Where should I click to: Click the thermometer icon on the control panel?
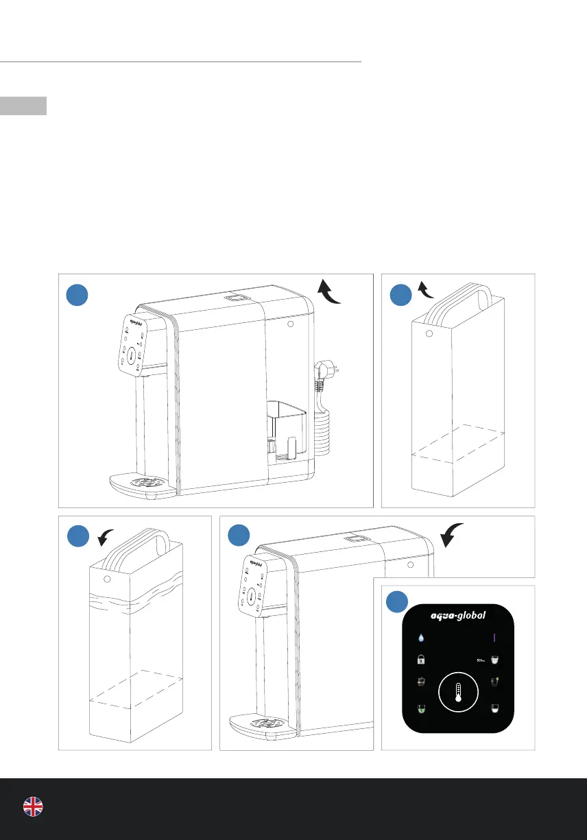458,694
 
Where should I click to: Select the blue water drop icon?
421,638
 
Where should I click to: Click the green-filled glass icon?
421,708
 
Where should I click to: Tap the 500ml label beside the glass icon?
480,660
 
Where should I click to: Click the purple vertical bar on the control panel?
494,638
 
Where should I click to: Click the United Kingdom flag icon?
33,807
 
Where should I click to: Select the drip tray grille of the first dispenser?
147,481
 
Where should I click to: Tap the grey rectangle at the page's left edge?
23,106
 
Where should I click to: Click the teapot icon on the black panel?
421,683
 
